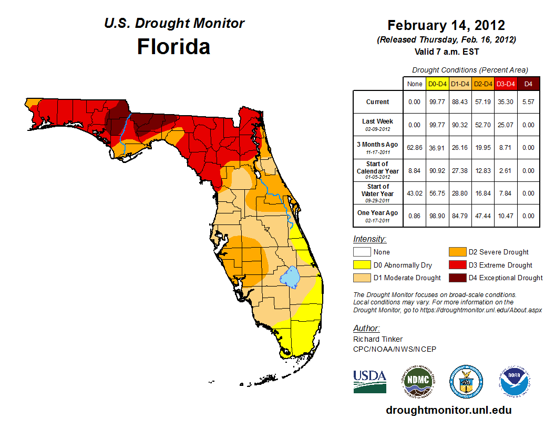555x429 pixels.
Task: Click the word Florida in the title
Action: [x=173, y=47]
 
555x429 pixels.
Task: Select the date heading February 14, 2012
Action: [x=446, y=25]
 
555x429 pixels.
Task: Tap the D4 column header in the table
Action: [x=528, y=84]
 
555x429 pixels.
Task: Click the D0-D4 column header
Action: [x=437, y=84]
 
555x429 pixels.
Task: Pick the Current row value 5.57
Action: [x=528, y=102]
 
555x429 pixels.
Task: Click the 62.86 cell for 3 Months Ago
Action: [x=415, y=147]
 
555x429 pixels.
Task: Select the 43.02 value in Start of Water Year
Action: [x=415, y=193]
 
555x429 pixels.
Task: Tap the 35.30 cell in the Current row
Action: [x=506, y=102]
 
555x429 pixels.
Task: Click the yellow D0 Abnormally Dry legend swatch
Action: [x=362, y=265]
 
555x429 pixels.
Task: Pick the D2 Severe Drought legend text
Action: [x=498, y=252]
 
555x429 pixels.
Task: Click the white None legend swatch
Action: [x=362, y=252]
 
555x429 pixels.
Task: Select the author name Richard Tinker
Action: [x=378, y=340]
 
